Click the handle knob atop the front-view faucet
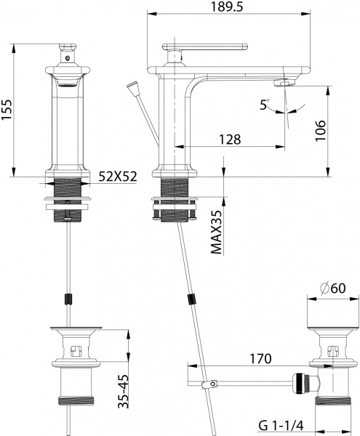pyautogui.click(x=67, y=47)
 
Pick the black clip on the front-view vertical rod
pyautogui.click(x=68, y=298)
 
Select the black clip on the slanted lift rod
pyautogui.click(x=192, y=299)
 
